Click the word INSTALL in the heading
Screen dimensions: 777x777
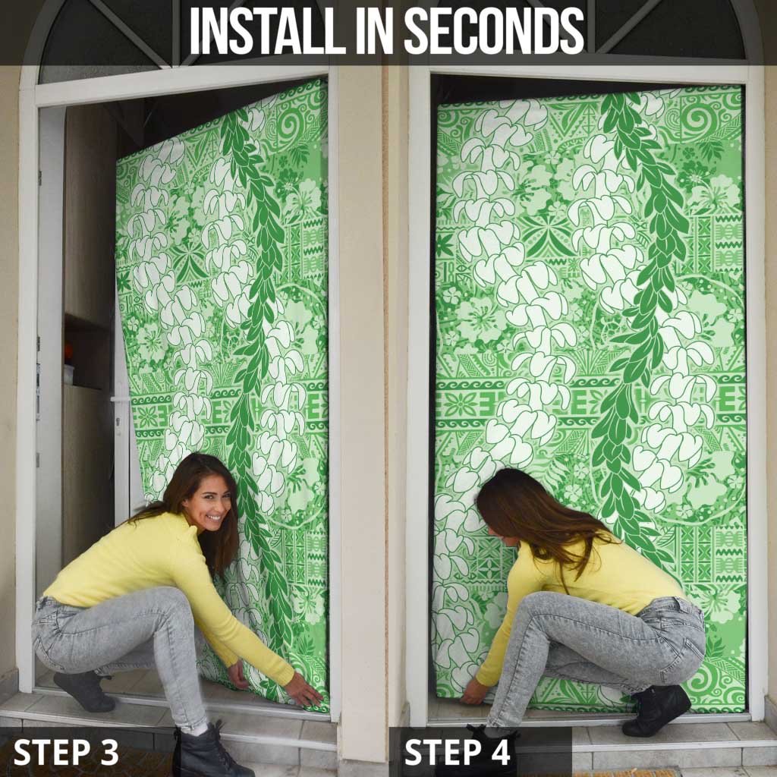(267, 30)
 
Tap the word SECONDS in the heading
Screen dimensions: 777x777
(494, 30)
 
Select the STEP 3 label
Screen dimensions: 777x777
(66, 752)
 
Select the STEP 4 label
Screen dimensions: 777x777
(457, 752)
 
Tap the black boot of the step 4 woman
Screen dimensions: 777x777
(656, 709)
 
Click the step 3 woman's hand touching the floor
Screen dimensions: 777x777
(304, 690)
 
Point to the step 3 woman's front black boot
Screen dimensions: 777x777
(204, 749)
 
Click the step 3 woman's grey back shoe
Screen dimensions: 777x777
(84, 690)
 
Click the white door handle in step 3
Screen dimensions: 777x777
(121, 399)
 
